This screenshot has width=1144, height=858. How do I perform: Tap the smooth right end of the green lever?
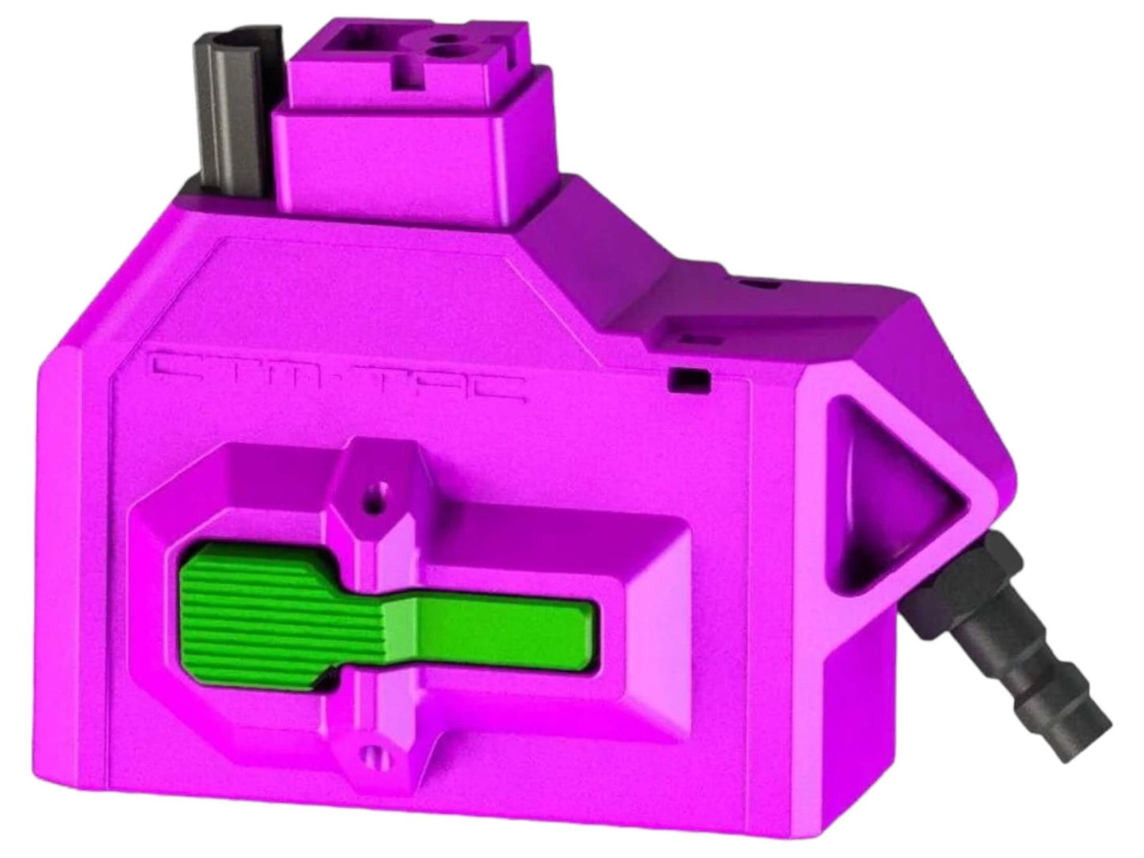pos(507,631)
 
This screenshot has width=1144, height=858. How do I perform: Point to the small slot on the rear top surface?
pos(760,283)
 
